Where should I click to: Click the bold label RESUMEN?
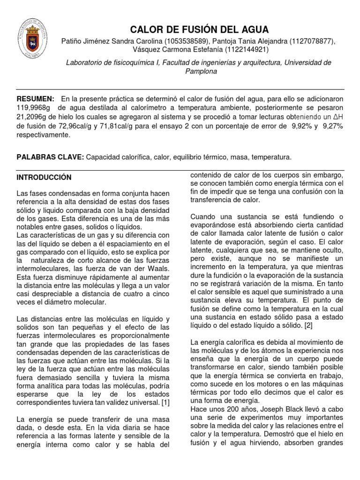coord(35,99)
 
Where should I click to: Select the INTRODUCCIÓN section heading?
coord(44,178)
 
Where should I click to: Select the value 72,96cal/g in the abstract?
coord(64,126)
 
